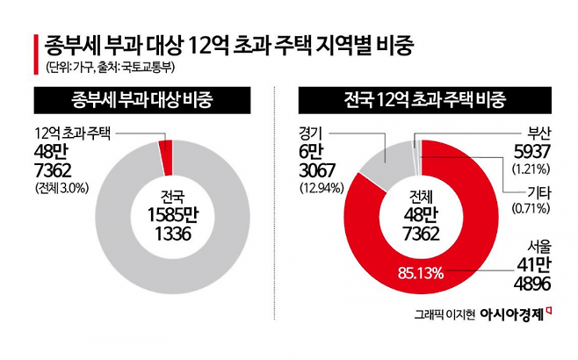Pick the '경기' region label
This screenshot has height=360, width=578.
(x=310, y=134)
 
